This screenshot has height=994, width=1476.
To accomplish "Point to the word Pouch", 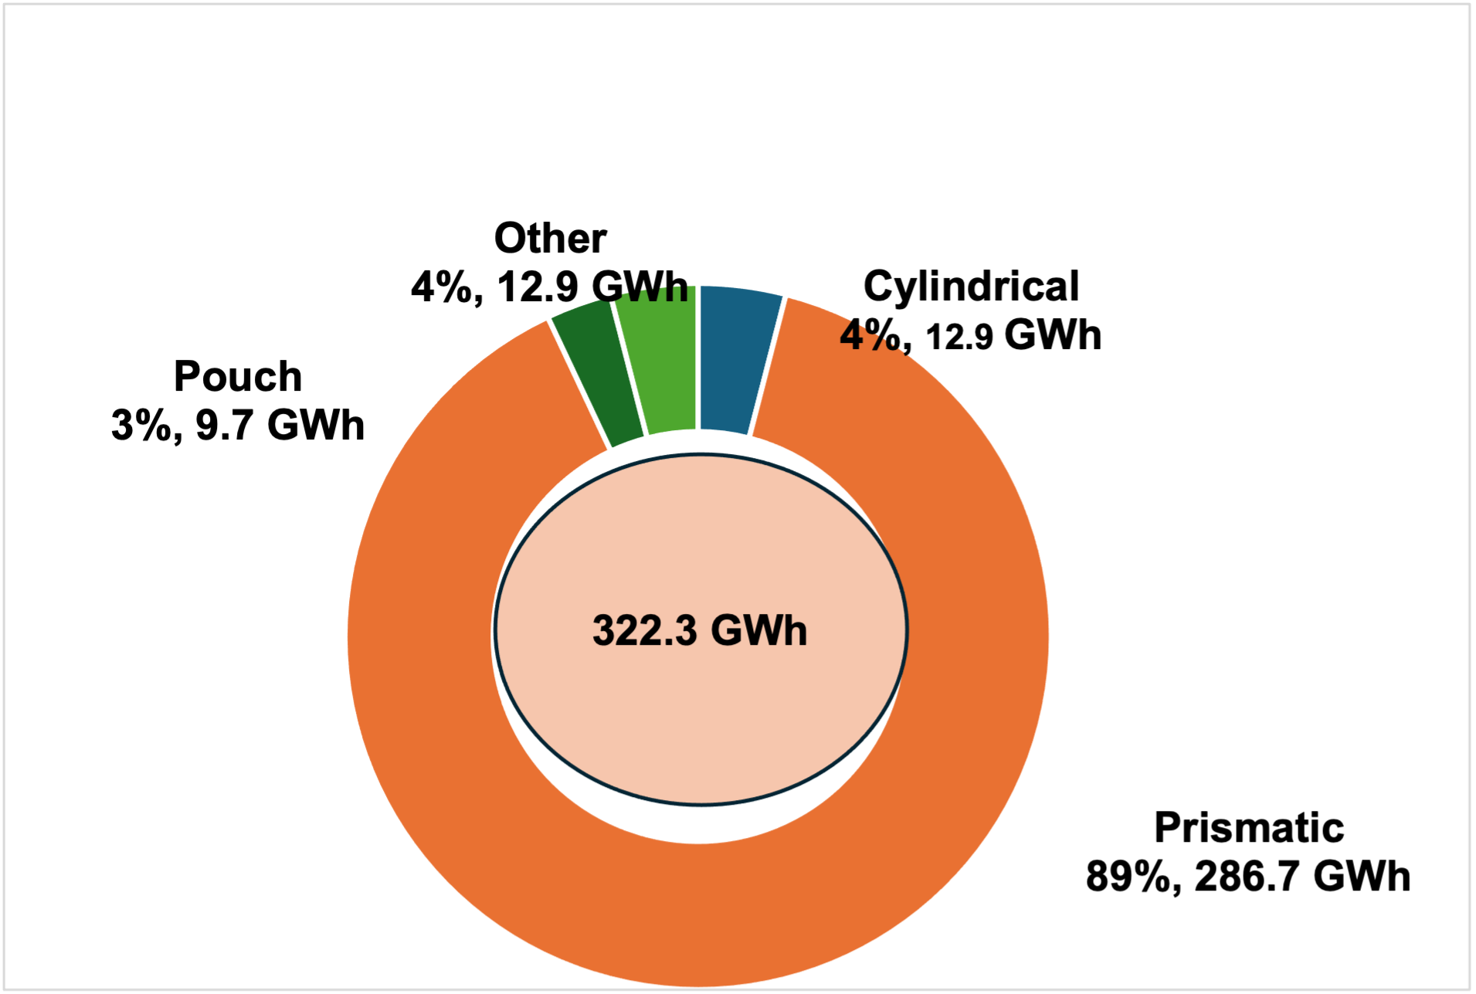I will [x=238, y=377].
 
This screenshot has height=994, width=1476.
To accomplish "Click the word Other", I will [x=550, y=238].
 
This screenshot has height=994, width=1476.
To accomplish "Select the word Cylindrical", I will [x=971, y=287].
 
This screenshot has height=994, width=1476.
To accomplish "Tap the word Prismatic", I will [x=1249, y=828].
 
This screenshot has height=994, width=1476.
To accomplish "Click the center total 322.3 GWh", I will [x=700, y=630].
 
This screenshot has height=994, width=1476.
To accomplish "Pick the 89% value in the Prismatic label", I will [x=1128, y=877].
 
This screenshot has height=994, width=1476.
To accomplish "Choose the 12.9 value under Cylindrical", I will [x=959, y=337].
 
